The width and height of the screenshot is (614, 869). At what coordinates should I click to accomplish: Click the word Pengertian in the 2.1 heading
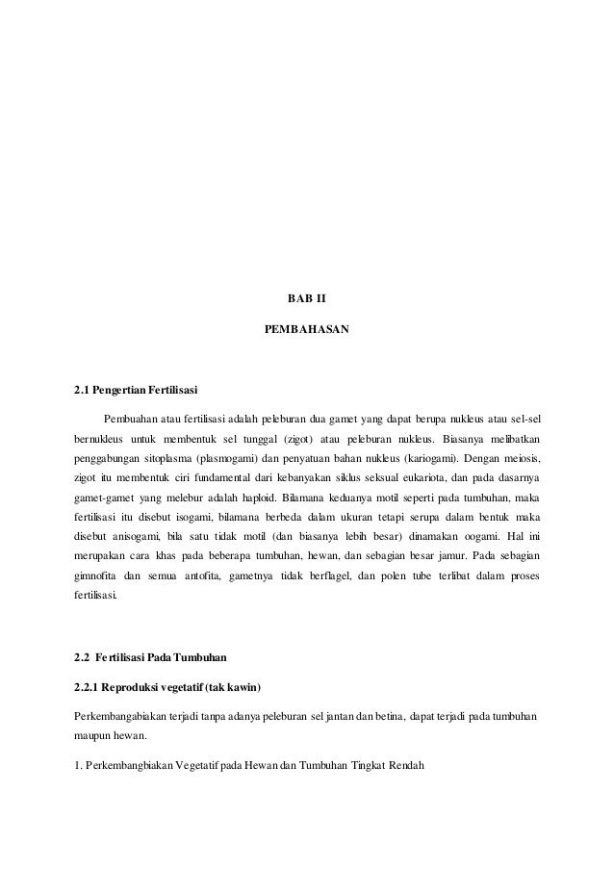[120, 393]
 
